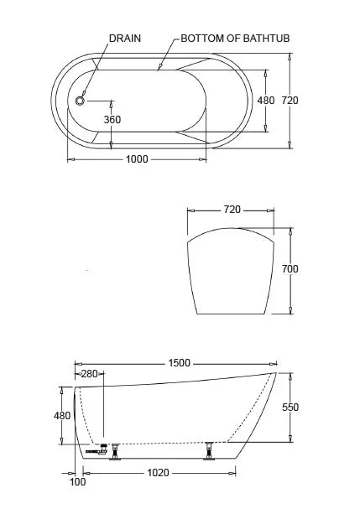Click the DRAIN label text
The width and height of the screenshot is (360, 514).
click(x=125, y=39)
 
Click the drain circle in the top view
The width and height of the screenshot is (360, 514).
click(x=80, y=101)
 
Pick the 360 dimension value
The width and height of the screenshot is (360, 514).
click(x=112, y=120)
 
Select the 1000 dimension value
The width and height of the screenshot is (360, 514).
click(x=137, y=159)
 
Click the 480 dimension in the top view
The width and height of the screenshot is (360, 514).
click(x=265, y=101)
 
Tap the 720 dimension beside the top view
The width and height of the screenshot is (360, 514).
click(x=290, y=101)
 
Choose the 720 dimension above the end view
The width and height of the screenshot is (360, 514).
click(x=232, y=210)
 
